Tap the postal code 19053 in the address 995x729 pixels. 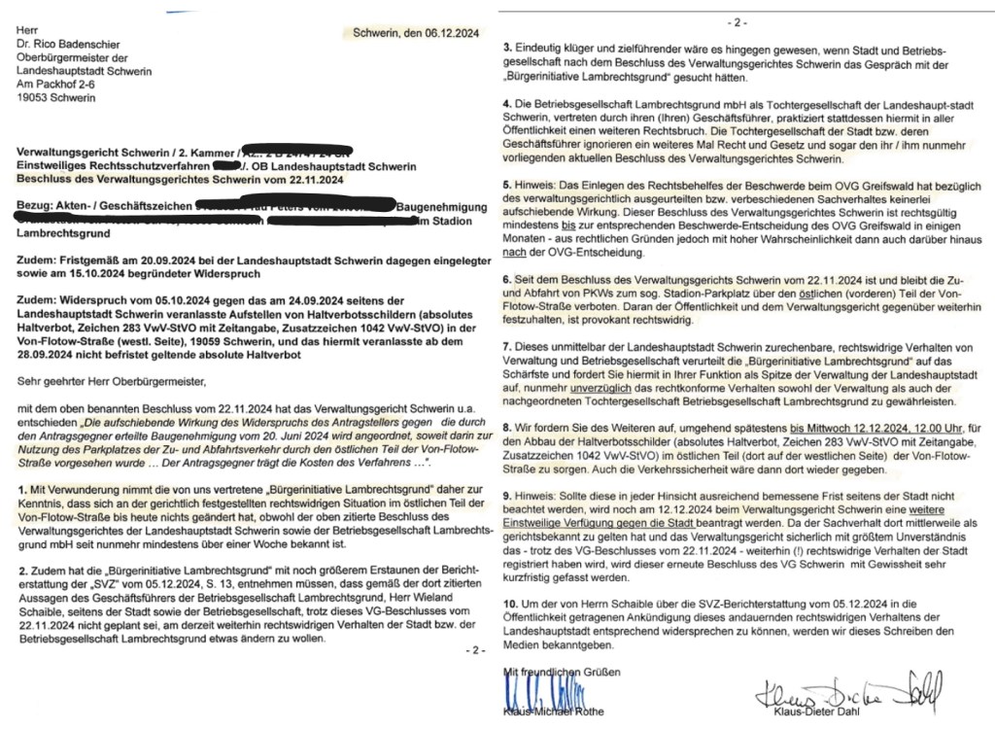click(36, 97)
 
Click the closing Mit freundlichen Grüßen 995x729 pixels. click(560, 672)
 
